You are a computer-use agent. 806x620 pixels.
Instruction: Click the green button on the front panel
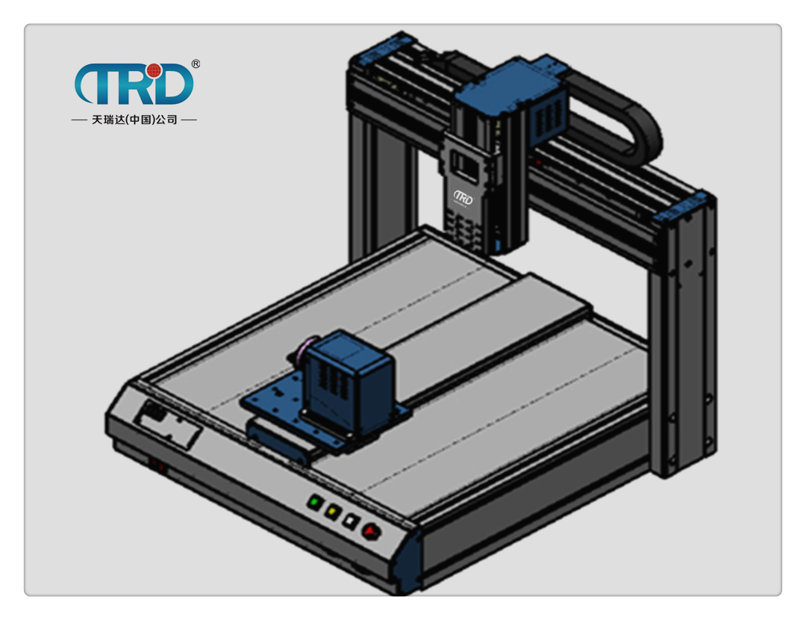314,502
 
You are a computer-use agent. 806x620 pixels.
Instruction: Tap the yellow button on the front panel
332,512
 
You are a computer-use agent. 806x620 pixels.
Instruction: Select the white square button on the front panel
351,521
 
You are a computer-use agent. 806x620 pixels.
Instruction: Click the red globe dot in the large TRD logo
154,71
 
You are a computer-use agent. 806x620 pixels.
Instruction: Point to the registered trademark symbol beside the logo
196,63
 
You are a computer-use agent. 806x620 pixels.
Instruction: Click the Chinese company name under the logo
134,120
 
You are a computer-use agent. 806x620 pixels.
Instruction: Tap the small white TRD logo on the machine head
463,197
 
